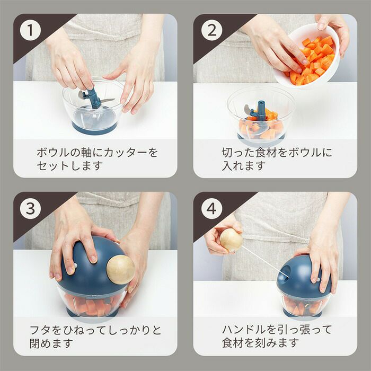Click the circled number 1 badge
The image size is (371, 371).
point(30,30)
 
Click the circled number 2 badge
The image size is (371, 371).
point(211,30)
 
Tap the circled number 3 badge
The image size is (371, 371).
point(30,209)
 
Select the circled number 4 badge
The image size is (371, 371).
point(211,209)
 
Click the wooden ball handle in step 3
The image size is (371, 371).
point(120,269)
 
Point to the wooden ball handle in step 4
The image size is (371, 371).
point(231,240)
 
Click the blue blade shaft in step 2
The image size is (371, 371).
point(261,111)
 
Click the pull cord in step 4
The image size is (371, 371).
point(264,261)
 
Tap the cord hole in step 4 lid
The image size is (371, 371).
point(285,273)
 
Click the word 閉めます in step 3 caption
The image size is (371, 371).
point(51,343)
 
